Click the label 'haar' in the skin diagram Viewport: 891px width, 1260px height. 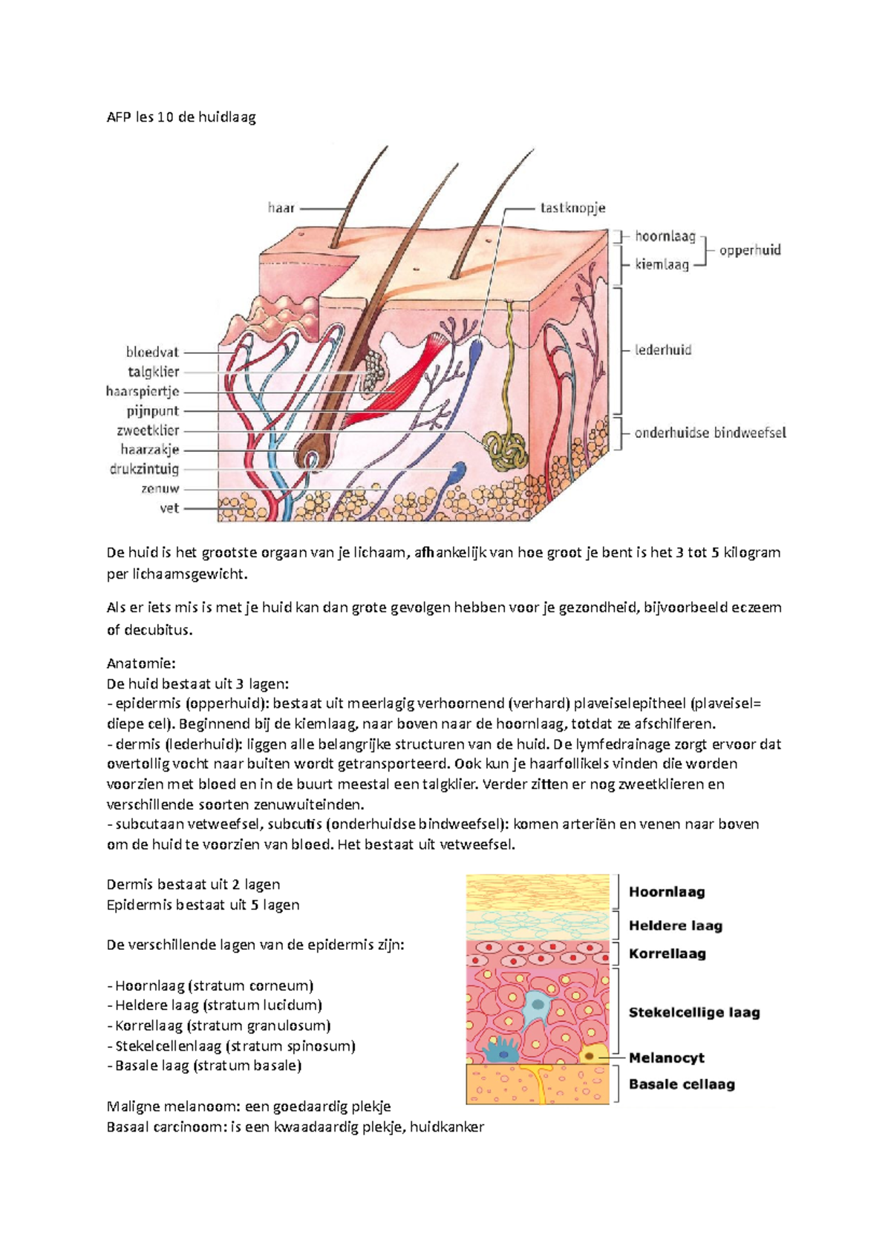281,208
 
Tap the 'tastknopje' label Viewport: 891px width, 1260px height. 573,208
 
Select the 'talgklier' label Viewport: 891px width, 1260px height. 153,372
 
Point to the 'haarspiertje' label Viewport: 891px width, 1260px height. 143,392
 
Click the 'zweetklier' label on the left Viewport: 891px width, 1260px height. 148,431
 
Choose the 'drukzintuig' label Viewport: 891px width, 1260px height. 144,469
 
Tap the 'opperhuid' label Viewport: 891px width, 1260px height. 750,250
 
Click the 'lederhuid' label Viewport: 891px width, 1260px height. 663,350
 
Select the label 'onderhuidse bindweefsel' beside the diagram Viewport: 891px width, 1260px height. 711,433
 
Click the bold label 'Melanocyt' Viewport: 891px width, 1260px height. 667,1058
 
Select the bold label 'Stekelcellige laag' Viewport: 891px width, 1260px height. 694,1013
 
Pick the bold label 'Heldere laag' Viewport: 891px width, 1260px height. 676,926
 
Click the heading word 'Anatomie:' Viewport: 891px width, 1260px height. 141,663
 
